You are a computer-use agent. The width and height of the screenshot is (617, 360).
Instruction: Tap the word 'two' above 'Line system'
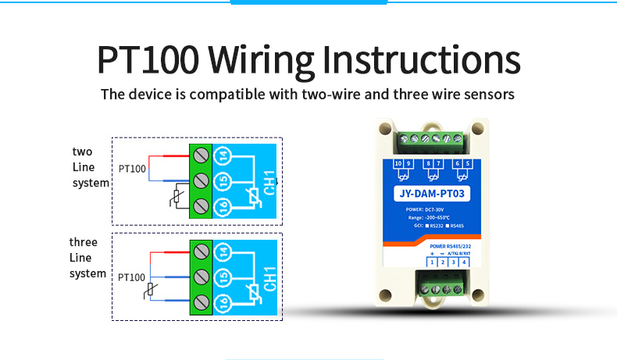pos(83,151)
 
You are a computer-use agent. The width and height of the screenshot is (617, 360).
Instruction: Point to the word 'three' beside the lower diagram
pos(84,242)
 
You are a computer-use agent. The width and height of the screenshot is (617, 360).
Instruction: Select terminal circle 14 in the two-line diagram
pos(223,155)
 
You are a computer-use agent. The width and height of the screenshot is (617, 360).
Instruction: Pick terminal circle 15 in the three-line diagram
pos(223,276)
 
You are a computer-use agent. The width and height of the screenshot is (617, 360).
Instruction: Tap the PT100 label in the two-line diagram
pos(132,168)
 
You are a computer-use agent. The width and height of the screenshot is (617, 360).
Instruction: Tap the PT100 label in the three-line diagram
pos(132,276)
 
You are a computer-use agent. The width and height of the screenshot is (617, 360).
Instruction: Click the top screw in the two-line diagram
pos(201,154)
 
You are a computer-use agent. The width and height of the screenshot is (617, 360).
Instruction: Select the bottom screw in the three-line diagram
pos(201,302)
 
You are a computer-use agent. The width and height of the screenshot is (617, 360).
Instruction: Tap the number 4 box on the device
pos(465,262)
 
